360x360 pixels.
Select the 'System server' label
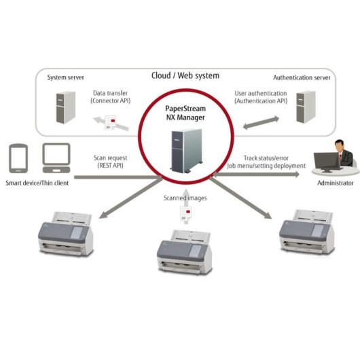66,77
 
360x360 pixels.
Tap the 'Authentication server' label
301,77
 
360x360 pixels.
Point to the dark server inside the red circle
182,147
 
